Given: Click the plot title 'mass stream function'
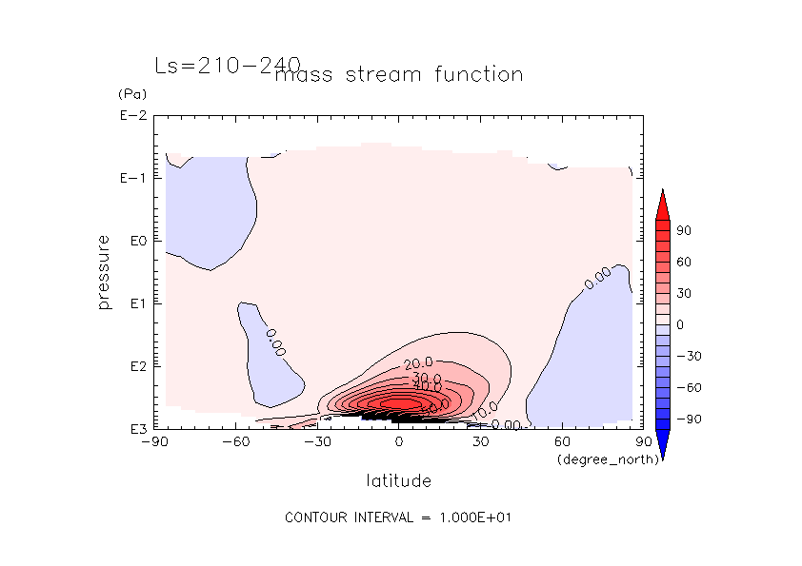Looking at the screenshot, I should click(398, 74).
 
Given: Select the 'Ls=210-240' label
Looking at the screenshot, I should click(227, 65).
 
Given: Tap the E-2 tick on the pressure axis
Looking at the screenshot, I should click(130, 116).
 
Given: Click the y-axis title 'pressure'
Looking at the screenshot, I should click(104, 272).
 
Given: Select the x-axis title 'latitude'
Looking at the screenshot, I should click(398, 480).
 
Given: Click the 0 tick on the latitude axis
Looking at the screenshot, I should click(399, 442).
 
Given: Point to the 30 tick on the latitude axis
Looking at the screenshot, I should click(480, 442).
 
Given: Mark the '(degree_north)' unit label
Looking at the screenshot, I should click(597, 459).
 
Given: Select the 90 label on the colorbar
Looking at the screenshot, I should click(684, 231).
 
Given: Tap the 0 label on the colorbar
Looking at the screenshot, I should click(680, 324).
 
